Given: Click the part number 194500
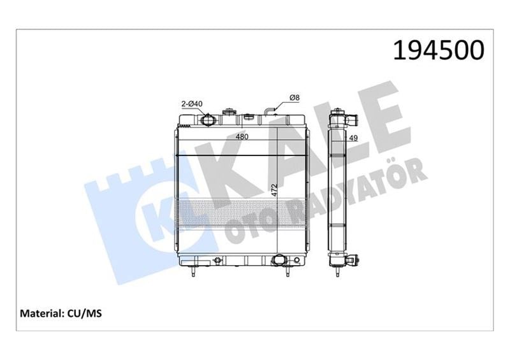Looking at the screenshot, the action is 439,50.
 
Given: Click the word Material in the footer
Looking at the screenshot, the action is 41,313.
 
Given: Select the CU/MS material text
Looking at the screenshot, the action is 85,313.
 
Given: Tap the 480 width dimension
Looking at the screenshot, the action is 242,136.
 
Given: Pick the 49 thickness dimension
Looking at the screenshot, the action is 353,138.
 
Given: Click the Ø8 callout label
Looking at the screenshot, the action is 295,97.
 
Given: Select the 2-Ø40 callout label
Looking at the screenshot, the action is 192,104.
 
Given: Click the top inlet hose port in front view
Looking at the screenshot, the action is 207,119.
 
